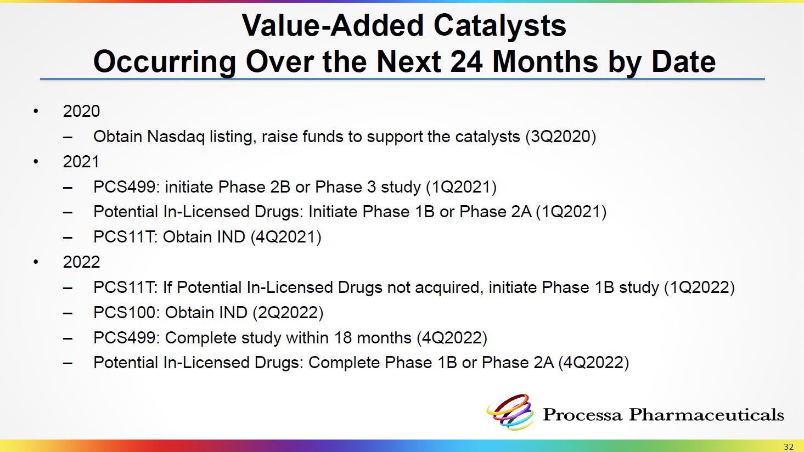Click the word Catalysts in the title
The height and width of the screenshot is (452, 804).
tap(499, 26)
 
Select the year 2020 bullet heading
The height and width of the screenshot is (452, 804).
tap(81, 111)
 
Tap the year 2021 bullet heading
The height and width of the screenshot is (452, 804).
tap(81, 162)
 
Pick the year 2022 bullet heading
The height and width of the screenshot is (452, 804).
tap(81, 262)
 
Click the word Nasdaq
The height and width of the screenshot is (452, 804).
tap(176, 137)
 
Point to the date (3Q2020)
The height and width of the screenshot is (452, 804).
tap(561, 137)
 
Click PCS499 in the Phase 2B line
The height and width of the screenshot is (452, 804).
tap(127, 187)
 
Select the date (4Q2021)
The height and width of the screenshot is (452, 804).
tap(286, 237)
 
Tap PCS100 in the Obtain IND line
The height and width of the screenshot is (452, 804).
tap(127, 313)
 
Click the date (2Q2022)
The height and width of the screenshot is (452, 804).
tap(288, 313)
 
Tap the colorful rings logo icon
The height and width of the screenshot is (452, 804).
tap(510, 412)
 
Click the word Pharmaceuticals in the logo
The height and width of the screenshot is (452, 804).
tap(706, 415)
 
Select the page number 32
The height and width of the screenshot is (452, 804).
tap(789, 447)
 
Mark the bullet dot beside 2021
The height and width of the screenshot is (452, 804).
tap(36, 162)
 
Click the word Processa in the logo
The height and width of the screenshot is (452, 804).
tap(582, 415)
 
